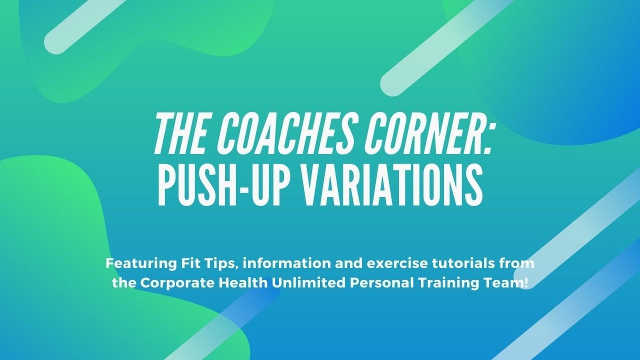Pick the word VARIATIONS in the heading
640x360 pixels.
[x=392, y=186]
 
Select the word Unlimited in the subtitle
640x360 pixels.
[x=302, y=282]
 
